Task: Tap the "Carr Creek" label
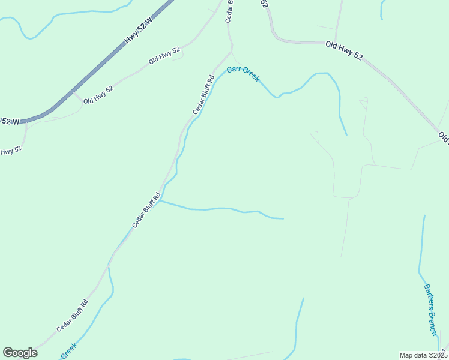[x=243, y=73]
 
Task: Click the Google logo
[x=20, y=352]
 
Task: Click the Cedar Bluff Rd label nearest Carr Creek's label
[x=203, y=95]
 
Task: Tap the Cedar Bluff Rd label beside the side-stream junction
[x=146, y=210]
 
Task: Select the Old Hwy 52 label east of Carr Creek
[x=344, y=50]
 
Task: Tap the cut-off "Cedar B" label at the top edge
[x=229, y=11]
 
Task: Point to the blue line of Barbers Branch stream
[x=421, y=252]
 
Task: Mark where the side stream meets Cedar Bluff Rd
[x=160, y=201]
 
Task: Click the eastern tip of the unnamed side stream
[x=283, y=218]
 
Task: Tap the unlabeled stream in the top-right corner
[x=382, y=9]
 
